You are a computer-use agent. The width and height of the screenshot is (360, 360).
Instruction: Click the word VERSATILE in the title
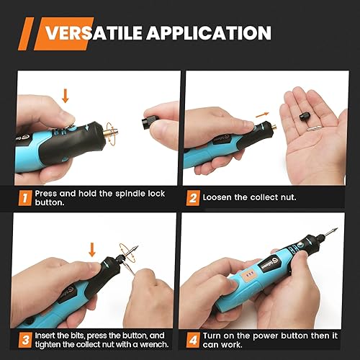pyautogui.click(x=94, y=33)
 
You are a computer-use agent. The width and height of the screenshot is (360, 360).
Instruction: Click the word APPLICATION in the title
pyautogui.click(x=209, y=33)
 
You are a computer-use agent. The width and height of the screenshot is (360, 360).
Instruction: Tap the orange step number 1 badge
pyautogui.click(x=25, y=198)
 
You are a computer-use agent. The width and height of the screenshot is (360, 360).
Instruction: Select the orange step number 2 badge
pyautogui.click(x=193, y=198)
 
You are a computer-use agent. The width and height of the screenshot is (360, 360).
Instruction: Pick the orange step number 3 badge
pyautogui.click(x=25, y=340)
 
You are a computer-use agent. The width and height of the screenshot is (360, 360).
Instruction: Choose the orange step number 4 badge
pyautogui.click(x=193, y=340)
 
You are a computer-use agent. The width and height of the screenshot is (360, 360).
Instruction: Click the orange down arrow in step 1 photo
pyautogui.click(x=66, y=96)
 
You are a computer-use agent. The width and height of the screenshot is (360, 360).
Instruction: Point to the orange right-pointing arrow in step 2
pyautogui.click(x=262, y=115)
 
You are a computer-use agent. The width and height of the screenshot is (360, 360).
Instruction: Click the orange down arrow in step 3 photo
pyautogui.click(x=92, y=250)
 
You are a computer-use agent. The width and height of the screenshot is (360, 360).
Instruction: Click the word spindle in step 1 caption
pyautogui.click(x=130, y=194)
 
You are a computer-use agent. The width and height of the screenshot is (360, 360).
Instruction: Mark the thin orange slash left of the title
pyautogui.click(x=26, y=34)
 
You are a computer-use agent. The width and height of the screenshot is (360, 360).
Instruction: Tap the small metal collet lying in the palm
pyautogui.click(x=314, y=128)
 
